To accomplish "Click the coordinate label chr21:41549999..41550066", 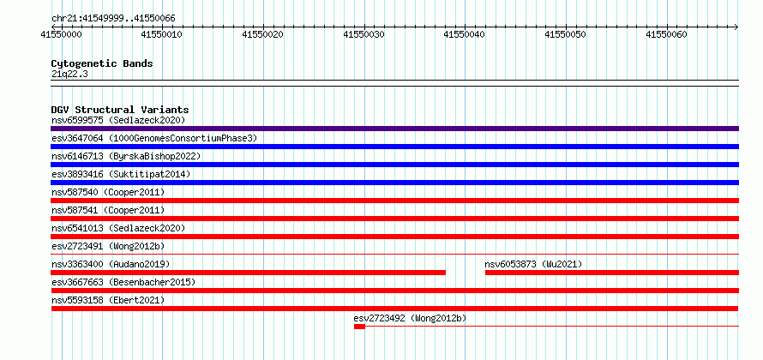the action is tap(113, 19).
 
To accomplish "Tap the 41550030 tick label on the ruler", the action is tap(363, 34).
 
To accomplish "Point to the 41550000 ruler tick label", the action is tap(62, 34).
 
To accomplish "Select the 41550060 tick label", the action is tap(666, 34).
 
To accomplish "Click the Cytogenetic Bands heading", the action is tap(102, 63).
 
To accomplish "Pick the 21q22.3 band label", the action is tap(69, 75).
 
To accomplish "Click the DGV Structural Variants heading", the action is tap(120, 110).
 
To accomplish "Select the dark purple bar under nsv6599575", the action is tap(394, 129).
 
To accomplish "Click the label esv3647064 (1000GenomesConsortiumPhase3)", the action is tap(154, 139).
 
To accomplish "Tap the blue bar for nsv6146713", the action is tap(394, 165).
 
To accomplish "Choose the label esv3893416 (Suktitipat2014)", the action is tap(121, 174).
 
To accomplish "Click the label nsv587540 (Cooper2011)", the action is tap(108, 192).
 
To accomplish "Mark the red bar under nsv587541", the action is tap(394, 219).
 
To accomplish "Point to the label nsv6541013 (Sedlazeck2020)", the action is tap(118, 228).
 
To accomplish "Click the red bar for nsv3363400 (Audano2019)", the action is tap(248, 273).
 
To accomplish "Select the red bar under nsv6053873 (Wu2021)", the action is tap(612, 273).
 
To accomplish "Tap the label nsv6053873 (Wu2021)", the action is tap(533, 264).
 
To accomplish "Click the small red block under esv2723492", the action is tap(359, 327).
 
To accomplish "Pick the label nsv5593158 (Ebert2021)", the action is tap(108, 300).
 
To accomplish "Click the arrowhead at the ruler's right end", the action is tap(736, 27).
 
